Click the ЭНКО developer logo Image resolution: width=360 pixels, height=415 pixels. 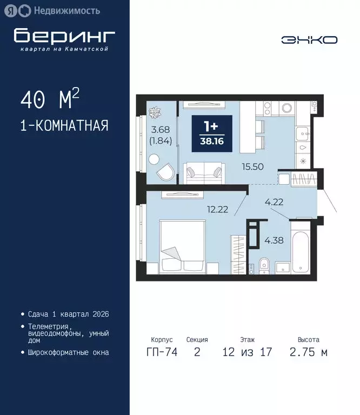tap(309, 39)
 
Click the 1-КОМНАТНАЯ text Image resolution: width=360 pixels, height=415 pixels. tap(64, 126)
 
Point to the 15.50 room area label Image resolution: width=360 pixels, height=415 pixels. tap(253, 166)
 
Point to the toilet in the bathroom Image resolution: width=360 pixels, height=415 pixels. tap(264, 265)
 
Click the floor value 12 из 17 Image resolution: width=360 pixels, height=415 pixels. tap(247, 352)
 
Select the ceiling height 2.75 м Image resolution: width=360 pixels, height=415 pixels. tap(308, 352)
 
